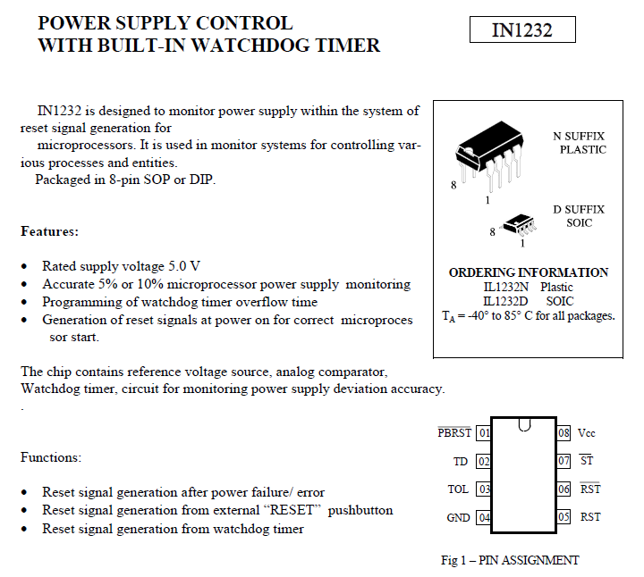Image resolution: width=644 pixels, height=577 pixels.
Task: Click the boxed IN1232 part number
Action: point(522,30)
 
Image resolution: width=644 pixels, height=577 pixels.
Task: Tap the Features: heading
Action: point(49,231)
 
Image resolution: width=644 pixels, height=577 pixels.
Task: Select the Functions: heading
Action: point(51,457)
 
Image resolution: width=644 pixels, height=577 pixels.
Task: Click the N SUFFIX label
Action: point(579,137)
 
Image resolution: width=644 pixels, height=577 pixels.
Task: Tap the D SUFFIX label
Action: point(579,209)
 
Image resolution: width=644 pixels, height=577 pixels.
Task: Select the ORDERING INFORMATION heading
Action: point(529,272)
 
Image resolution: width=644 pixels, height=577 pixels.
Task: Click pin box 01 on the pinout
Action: point(484,433)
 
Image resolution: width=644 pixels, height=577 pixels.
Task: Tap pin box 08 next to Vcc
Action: point(563,433)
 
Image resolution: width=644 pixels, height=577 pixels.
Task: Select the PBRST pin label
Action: point(454,433)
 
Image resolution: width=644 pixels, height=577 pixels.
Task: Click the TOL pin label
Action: point(458,489)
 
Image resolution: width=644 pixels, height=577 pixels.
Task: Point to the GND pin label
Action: point(458,518)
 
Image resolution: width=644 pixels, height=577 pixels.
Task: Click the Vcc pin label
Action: point(587,433)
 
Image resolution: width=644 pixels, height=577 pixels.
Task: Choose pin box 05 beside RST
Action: point(563,517)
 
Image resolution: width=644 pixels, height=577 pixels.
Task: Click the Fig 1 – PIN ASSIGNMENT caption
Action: point(510,560)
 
